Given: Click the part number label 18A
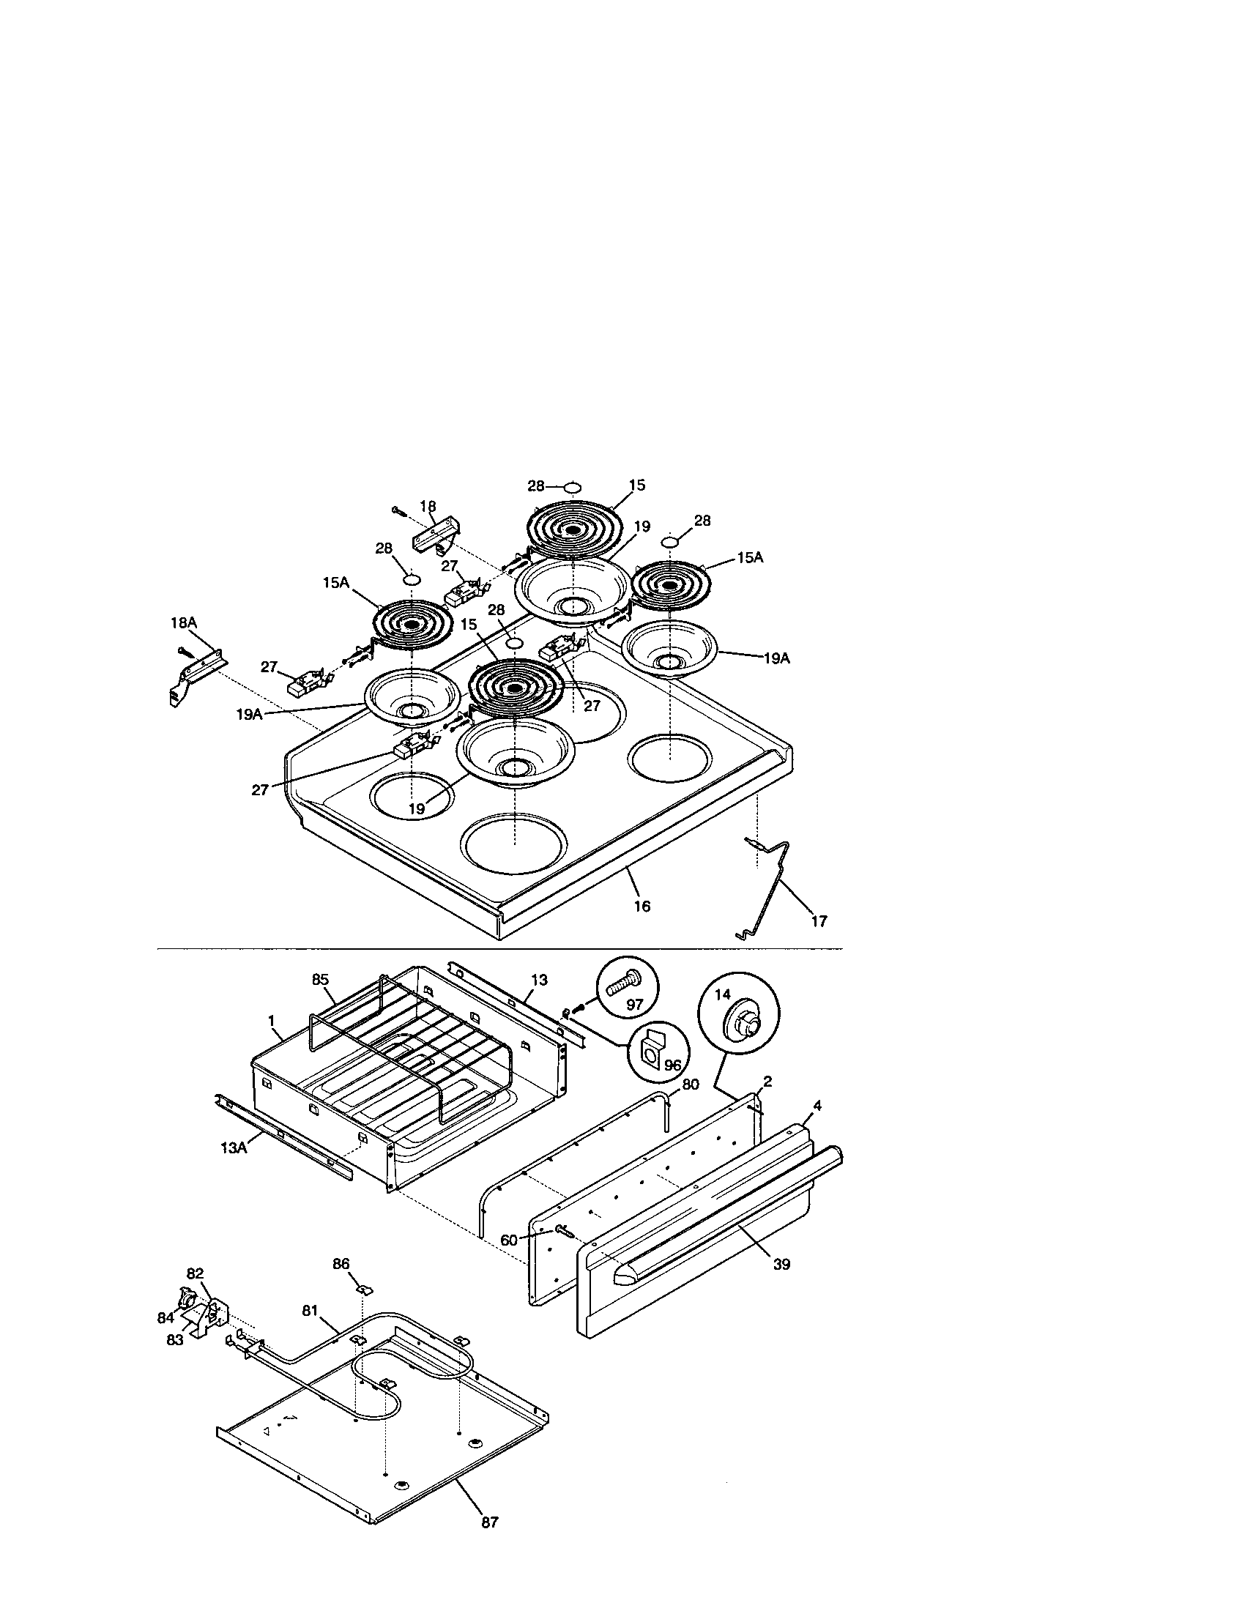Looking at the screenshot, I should click(x=184, y=623).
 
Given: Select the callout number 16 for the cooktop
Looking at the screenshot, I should click(x=642, y=906).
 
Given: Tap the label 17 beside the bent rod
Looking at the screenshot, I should click(x=819, y=920).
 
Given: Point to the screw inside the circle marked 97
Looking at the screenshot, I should click(x=622, y=984).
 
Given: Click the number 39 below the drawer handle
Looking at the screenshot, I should click(x=782, y=1265).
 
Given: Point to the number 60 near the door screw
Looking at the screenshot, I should click(x=509, y=1240).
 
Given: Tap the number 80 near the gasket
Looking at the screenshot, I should click(x=691, y=1084).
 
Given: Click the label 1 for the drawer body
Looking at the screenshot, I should click(x=272, y=1020).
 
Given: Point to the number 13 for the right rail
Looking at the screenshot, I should click(x=539, y=980).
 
